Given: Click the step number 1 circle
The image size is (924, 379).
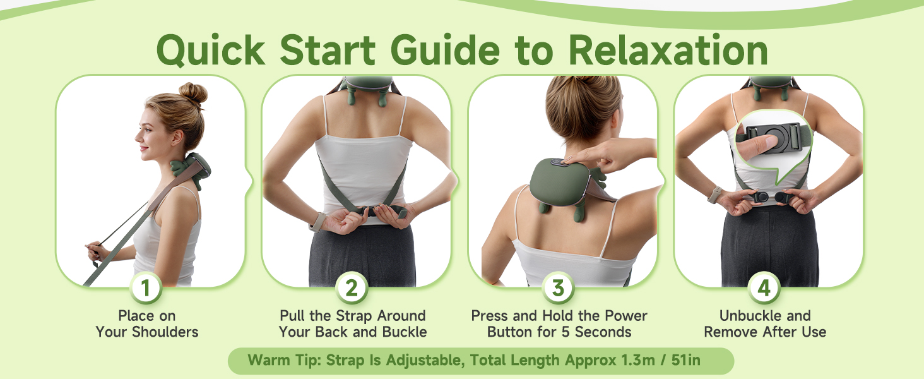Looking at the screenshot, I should [146, 288].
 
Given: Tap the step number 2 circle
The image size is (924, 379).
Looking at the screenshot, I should [352, 288].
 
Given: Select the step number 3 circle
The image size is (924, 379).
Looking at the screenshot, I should [558, 288].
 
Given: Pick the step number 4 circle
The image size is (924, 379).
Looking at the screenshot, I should [764, 288].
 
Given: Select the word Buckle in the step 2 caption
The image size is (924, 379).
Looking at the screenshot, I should [401, 332].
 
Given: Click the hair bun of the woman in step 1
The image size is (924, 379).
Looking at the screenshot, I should [192, 93].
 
